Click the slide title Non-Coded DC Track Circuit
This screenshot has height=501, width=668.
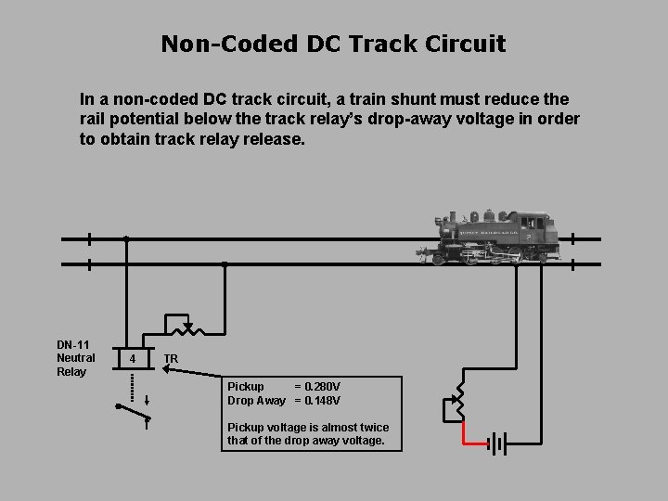pyautogui.click(x=333, y=44)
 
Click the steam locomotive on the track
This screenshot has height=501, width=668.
pyautogui.click(x=491, y=237)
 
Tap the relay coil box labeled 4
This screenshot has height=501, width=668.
pyautogui.click(x=134, y=358)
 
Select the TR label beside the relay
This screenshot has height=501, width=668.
pyautogui.click(x=171, y=359)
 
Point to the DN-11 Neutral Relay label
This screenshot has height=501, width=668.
pyautogui.click(x=75, y=358)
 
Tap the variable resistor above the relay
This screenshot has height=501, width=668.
pyautogui.click(x=188, y=328)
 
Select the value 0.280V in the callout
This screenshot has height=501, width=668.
pyautogui.click(x=324, y=386)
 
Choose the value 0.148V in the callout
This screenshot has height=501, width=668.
pyautogui.click(x=324, y=401)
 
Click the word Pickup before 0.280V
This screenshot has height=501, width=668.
pyautogui.click(x=246, y=386)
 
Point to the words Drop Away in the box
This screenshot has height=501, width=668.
pyautogui.click(x=256, y=401)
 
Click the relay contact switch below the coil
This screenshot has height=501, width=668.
pyautogui.click(x=132, y=412)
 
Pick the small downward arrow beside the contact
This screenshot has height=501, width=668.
pyautogui.click(x=148, y=400)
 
